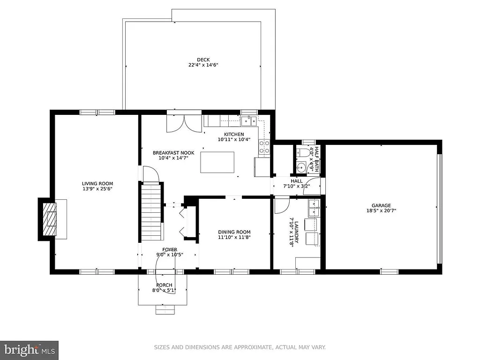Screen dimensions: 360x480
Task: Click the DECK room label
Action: tap(203, 60)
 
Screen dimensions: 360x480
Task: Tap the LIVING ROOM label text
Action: tap(97, 184)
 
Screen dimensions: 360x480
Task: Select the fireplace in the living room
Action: tap(49, 218)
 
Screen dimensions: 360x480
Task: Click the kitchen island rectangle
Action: tap(217, 162)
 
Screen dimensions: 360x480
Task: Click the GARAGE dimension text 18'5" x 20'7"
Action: tap(381, 211)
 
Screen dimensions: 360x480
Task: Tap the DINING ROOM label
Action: tap(234, 232)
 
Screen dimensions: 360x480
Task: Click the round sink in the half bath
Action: tap(301, 166)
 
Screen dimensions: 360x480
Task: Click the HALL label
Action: tap(297, 181)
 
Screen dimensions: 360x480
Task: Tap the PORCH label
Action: tap(164, 285)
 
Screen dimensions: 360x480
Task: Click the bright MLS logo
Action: tap(29, 350)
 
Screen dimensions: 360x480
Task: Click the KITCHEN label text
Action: tap(234, 135)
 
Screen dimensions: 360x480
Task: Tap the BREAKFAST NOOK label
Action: tap(173, 153)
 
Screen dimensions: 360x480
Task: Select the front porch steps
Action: tap(165, 309)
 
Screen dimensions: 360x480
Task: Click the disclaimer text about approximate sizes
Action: tap(240, 347)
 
